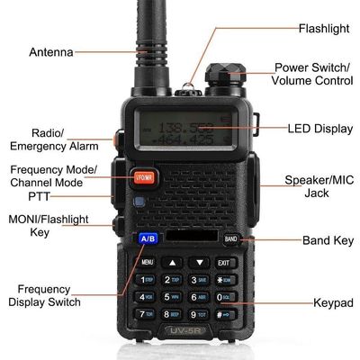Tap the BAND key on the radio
(x=230, y=239)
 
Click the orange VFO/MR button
(x=145, y=177)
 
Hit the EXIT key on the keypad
(x=223, y=262)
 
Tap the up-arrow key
(x=173, y=262)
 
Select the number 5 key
(x=173, y=296)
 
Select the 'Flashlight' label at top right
(x=323, y=28)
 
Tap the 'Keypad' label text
(x=332, y=302)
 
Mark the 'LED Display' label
(x=320, y=129)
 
